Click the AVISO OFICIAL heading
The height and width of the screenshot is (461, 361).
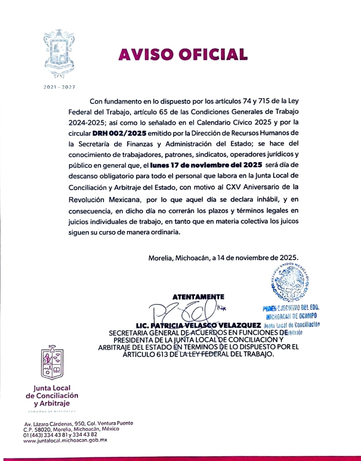pos(183,54)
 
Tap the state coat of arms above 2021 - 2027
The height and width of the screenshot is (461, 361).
pos(59,54)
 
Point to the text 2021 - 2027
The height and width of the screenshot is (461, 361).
pos(59,87)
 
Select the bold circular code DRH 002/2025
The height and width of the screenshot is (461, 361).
pos(119,133)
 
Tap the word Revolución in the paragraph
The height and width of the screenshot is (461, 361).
pos(86,199)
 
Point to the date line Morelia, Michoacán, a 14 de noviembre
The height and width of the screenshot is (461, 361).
pos(223,258)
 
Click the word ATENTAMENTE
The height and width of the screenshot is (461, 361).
pos(198,297)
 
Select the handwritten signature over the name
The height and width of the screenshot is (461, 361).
pos(185,313)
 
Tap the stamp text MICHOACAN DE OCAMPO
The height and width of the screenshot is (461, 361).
pos(291,316)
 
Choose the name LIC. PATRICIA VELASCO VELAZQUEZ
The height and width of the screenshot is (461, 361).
pos(198,326)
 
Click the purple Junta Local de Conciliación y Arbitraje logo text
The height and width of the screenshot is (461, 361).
pos(52,396)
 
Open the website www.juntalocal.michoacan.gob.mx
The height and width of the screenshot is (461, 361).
pos(65,440)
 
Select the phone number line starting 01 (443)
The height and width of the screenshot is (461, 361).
pos(60,434)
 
